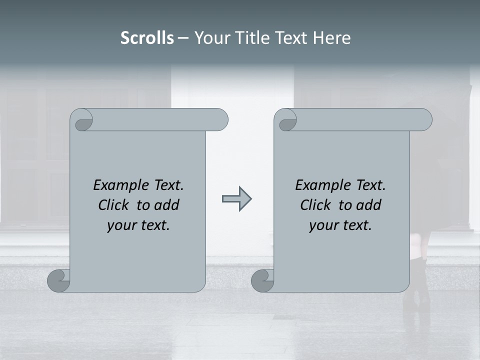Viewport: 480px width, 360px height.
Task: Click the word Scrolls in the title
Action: (x=147, y=38)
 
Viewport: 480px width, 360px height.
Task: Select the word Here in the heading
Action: (x=331, y=38)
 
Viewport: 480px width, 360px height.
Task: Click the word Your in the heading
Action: (x=212, y=38)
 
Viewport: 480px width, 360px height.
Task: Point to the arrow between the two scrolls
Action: (x=236, y=199)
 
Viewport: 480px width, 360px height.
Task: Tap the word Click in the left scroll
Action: (x=115, y=205)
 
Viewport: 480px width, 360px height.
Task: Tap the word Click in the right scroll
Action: (x=317, y=205)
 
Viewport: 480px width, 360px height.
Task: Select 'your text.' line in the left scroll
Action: (x=138, y=225)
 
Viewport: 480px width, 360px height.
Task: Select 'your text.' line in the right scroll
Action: (x=340, y=225)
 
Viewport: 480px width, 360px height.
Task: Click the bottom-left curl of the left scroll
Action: (x=58, y=281)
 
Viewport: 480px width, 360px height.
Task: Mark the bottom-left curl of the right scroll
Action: (x=262, y=281)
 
